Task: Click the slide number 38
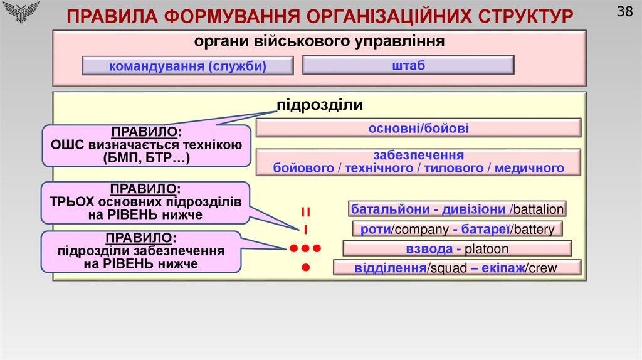[624, 12]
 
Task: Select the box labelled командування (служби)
[187, 66]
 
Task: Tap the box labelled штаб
[408, 65]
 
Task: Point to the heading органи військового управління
[319, 42]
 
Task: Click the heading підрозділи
[320, 105]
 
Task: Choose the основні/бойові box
[418, 129]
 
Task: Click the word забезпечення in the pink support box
[418, 155]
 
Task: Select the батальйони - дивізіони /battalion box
[458, 209]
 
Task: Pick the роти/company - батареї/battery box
[457, 229]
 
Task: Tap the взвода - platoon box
[457, 249]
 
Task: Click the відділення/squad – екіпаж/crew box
[457, 268]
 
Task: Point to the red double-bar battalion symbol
[305, 211]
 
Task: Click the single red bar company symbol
[305, 229]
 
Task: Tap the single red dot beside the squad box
[306, 268]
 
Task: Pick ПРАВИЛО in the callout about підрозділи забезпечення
[140, 238]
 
